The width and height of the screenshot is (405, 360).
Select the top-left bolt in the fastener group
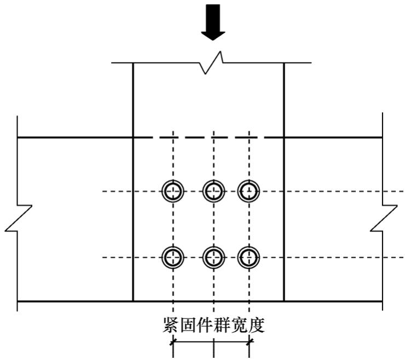click(x=173, y=191)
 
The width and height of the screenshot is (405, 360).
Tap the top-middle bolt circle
click(x=213, y=191)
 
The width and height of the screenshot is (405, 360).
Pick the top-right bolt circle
click(x=250, y=191)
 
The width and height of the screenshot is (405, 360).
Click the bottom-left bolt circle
click(x=173, y=257)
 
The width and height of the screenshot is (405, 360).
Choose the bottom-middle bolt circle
click(x=213, y=257)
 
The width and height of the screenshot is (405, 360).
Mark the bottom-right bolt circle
click(x=250, y=257)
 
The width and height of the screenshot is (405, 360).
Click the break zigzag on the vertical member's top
click(x=213, y=62)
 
